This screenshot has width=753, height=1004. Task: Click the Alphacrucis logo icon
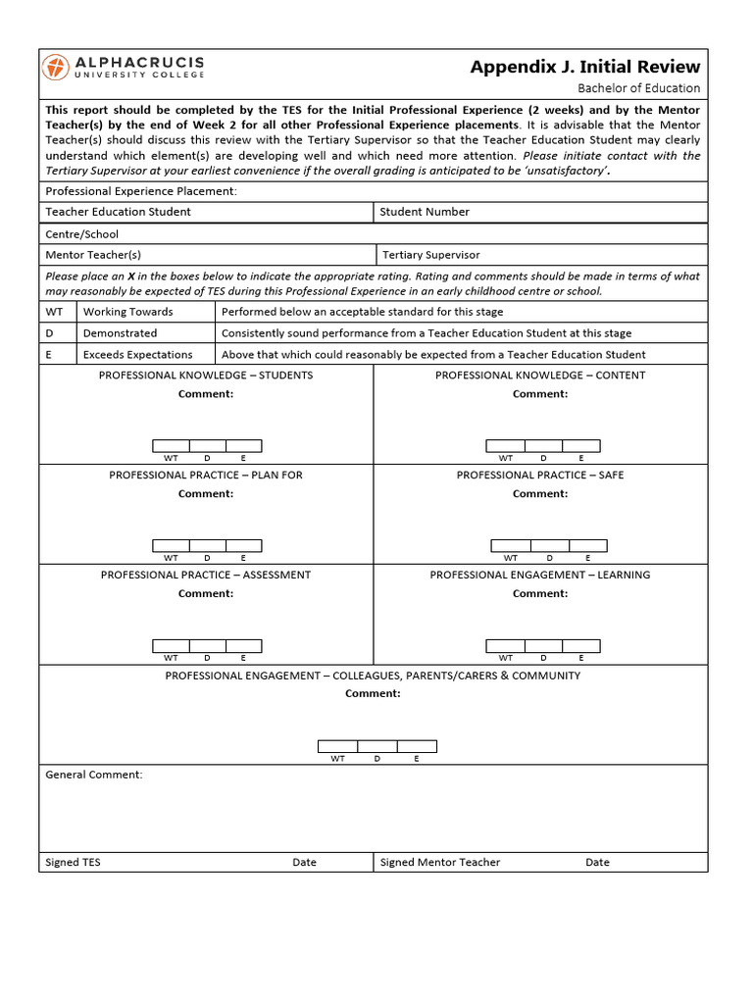(56, 68)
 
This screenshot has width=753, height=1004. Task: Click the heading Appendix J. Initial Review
(584, 67)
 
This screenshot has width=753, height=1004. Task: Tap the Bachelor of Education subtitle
(638, 88)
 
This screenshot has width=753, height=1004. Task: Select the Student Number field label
(425, 212)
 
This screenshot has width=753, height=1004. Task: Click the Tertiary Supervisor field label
(431, 255)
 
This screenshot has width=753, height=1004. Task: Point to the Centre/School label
(81, 234)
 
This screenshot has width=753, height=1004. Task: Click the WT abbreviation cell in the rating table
(54, 312)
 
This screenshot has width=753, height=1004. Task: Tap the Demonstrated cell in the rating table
(120, 333)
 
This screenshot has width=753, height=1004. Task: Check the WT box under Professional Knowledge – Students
(171, 446)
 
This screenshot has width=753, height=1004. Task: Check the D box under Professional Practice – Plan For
(207, 546)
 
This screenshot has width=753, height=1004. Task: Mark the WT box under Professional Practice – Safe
(510, 546)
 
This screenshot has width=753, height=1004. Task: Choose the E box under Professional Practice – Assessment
(243, 645)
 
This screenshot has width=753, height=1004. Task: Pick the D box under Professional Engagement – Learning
(544, 645)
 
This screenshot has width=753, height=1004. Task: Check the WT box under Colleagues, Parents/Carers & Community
(337, 747)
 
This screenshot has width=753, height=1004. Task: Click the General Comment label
(94, 775)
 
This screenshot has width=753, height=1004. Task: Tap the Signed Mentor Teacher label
(439, 863)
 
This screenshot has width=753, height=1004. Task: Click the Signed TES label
(73, 863)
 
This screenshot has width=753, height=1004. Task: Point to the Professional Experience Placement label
(141, 191)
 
